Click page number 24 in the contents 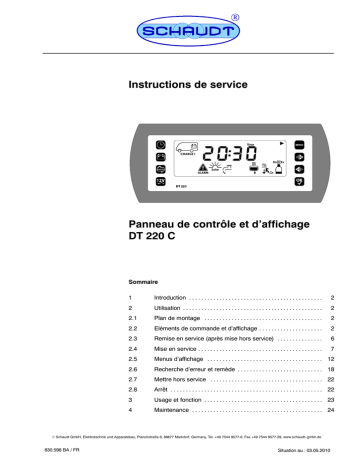tap(329, 411)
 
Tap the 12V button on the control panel tap(161, 182)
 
